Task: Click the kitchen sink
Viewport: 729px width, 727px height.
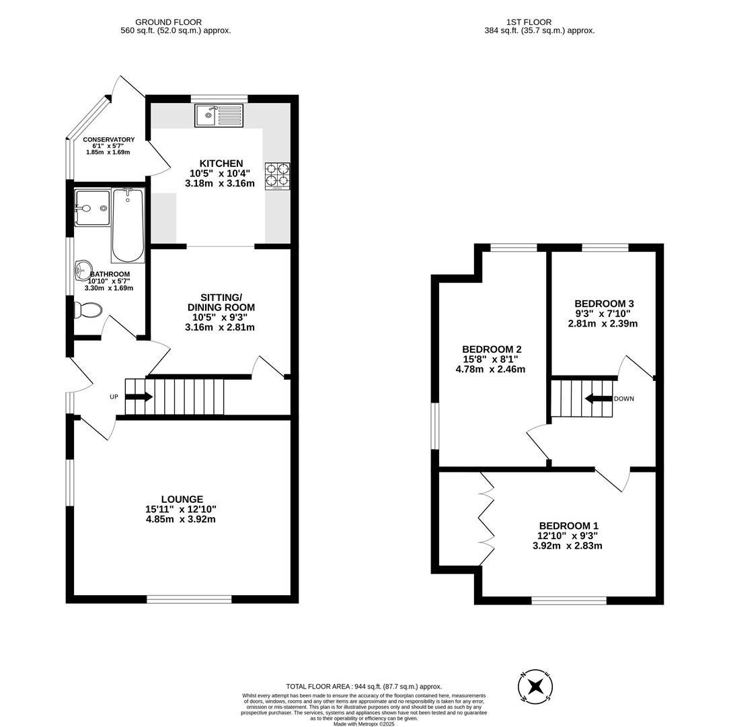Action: point(219,116)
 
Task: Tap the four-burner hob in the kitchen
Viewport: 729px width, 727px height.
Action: point(277,175)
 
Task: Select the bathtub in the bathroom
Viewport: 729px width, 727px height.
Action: point(128,225)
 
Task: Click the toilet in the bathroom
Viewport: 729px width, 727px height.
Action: point(88,310)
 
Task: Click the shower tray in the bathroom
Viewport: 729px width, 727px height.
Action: point(92,208)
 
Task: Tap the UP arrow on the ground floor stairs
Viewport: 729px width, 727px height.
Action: point(139,396)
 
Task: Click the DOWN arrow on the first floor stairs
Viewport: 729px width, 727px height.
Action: point(598,399)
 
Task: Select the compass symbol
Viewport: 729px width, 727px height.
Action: point(535,687)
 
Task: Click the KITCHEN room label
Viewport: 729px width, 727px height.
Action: point(221,164)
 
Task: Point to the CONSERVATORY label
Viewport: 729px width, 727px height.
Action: point(108,139)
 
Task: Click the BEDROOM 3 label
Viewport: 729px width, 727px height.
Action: point(604,304)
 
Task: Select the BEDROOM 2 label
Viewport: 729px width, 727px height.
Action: point(492,349)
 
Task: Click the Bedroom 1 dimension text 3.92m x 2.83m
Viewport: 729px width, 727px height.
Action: point(567,546)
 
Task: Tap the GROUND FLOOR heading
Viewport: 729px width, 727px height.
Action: point(169,22)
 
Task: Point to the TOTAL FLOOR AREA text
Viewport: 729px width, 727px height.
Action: point(364,686)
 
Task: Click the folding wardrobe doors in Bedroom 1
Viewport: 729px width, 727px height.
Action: point(486,518)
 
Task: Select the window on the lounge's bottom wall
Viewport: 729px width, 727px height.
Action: point(189,599)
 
